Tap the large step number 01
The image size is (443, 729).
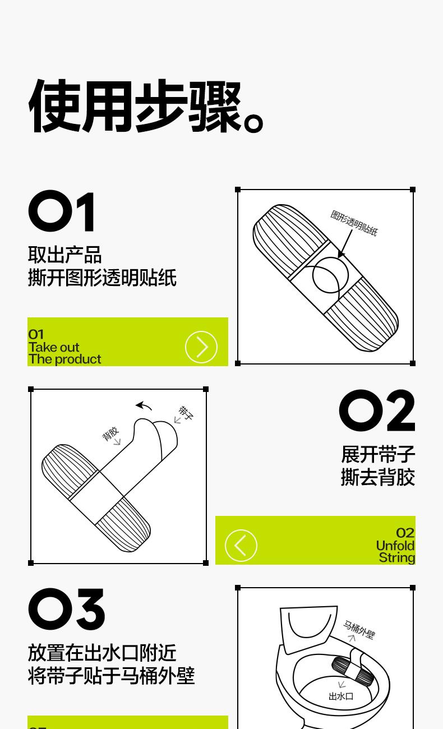click(62, 211)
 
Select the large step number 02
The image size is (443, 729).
click(377, 410)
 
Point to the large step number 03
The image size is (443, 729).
click(66, 609)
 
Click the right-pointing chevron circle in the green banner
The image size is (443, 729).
click(201, 347)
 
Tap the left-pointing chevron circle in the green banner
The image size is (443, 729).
click(241, 546)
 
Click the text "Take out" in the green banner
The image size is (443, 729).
click(54, 347)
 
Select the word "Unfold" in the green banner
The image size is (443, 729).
click(395, 546)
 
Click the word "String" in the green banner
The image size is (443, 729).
click(397, 558)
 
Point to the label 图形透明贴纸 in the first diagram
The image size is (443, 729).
click(354, 223)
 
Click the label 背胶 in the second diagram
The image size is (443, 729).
click(111, 434)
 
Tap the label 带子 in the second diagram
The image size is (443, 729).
click(186, 413)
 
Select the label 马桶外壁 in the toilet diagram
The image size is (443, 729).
click(359, 630)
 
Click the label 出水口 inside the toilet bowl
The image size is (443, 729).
click(341, 696)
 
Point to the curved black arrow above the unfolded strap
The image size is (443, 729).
click(144, 405)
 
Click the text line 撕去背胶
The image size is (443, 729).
click(378, 477)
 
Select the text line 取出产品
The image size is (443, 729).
click(65, 255)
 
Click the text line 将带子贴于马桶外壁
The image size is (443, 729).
click(112, 676)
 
